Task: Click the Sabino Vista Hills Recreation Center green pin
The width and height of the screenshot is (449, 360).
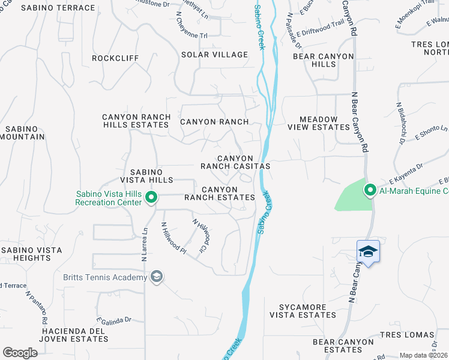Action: (151, 197)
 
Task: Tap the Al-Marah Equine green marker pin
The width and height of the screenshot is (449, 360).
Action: (370, 190)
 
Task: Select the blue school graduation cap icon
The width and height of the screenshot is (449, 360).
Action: (368, 251)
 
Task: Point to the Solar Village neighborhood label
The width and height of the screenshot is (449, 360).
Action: (214, 55)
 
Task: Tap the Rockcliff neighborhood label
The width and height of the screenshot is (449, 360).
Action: (111, 58)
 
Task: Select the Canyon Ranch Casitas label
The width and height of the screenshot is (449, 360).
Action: (235, 162)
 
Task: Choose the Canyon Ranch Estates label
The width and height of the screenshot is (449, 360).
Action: (220, 193)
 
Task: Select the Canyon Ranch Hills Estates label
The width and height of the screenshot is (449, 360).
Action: (136, 121)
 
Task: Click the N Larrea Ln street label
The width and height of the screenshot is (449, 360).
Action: (144, 244)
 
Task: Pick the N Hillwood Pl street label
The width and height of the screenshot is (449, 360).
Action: (173, 239)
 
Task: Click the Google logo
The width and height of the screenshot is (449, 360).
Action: (20, 352)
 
